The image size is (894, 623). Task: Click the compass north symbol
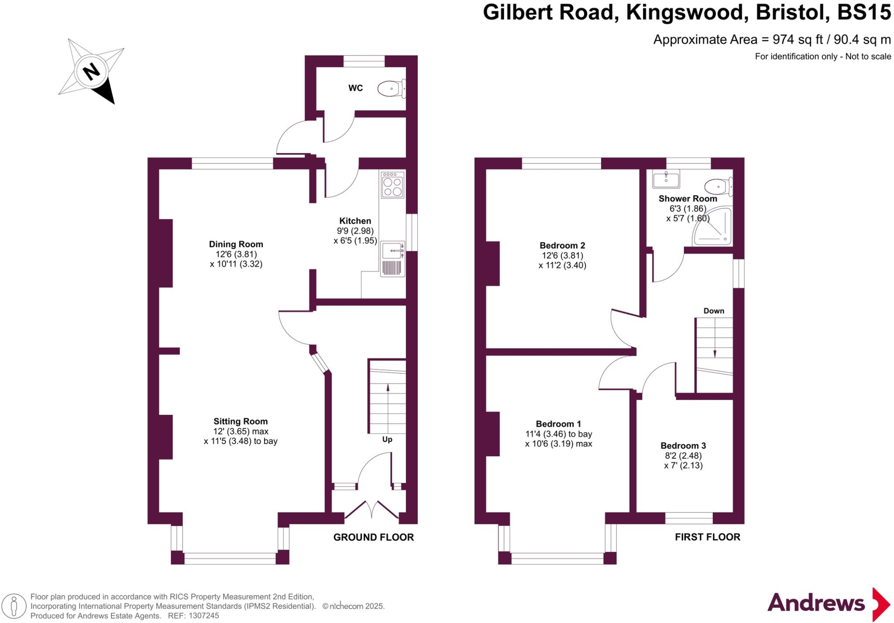(91, 71)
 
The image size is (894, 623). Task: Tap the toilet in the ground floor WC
(391, 89)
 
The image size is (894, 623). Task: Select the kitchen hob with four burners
(392, 186)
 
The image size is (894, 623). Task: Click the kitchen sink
(392, 251)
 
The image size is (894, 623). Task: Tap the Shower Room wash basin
(666, 179)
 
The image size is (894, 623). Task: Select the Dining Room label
(236, 244)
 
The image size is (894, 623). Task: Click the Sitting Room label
(241, 421)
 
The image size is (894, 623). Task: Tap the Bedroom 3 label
(683, 446)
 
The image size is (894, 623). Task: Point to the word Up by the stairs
(387, 439)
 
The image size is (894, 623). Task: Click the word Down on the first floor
(714, 311)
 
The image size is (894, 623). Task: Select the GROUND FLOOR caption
(373, 537)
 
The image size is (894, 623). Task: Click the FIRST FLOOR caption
(708, 537)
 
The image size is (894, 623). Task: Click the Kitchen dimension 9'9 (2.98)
(355, 231)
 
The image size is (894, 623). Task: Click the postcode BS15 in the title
(864, 12)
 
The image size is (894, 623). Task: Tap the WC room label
(355, 88)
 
